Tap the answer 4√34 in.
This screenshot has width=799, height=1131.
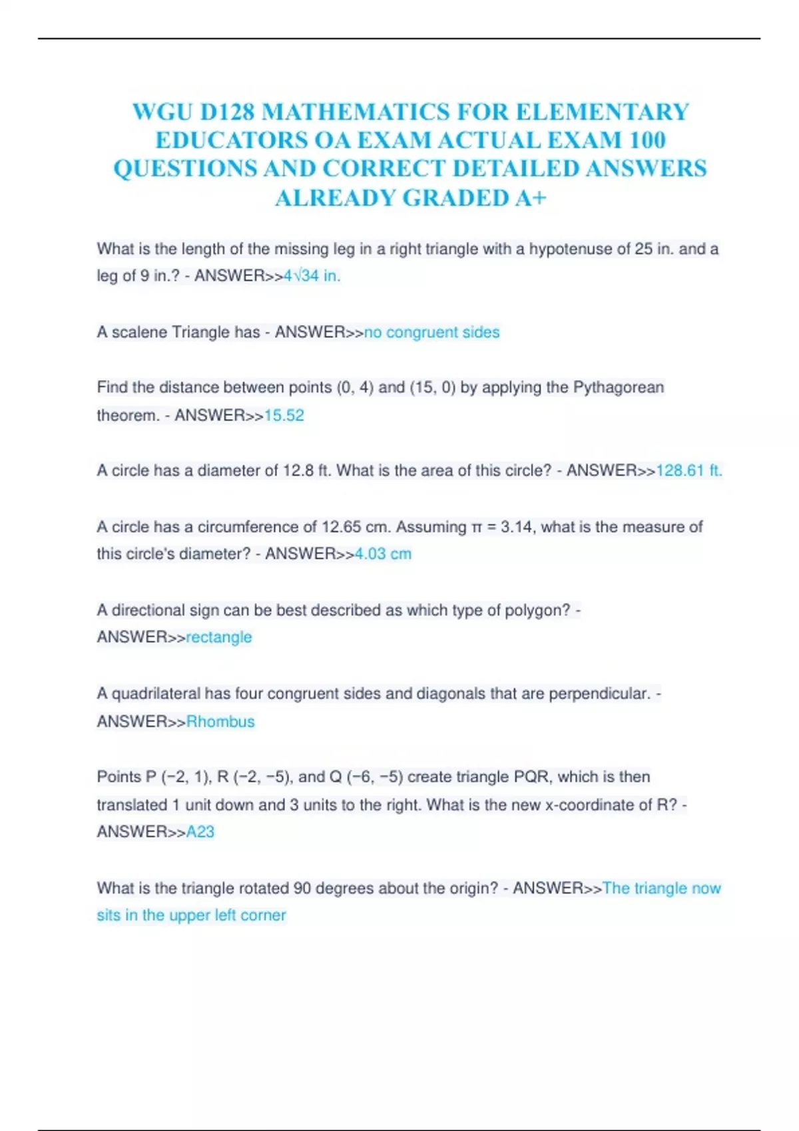coord(312,276)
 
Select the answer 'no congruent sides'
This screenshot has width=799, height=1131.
coord(431,332)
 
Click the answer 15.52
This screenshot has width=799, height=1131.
coord(284,416)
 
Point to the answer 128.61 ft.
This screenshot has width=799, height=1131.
coord(688,471)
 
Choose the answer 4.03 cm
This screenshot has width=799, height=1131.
coord(383,554)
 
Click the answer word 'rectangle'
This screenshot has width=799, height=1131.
coord(219,637)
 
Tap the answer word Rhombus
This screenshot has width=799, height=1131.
coord(220,722)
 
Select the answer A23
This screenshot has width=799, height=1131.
coord(200,832)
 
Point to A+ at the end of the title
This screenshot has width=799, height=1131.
coord(530,198)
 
